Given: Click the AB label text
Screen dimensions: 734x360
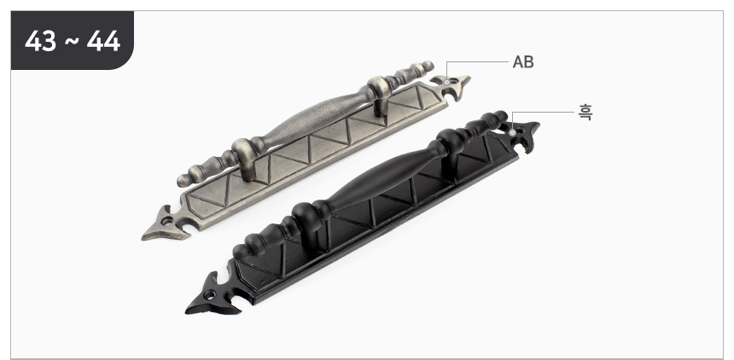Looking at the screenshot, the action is tap(523, 61).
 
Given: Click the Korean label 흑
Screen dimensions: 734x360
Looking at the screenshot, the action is tap(585, 113).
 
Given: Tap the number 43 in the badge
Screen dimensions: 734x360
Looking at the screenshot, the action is tap(41, 41).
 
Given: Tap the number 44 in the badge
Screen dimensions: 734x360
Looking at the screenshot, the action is tap(103, 41).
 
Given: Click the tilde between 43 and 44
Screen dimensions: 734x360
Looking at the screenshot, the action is tap(72, 41).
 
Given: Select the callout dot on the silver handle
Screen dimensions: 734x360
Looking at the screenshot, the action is tap(446, 82).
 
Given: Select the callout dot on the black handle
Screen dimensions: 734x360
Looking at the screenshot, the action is tap(513, 132).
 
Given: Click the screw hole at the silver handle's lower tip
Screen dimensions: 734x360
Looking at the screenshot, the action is tap(167, 220).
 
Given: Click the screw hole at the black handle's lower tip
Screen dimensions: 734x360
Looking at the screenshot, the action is tap(210, 295).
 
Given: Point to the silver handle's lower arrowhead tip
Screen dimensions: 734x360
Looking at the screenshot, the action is tap(143, 238).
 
